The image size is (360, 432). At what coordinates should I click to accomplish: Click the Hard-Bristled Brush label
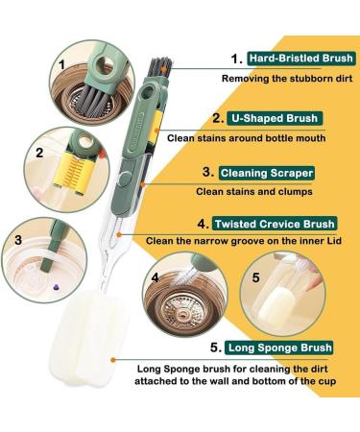pyautogui.click(x=300, y=59)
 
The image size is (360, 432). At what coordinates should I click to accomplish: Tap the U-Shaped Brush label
pyautogui.click(x=275, y=118)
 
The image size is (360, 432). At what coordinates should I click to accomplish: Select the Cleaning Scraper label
pyautogui.click(x=266, y=173)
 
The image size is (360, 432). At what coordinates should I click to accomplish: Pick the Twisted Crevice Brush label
pyautogui.click(x=275, y=224)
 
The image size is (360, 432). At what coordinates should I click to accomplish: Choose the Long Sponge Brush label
pyautogui.click(x=279, y=348)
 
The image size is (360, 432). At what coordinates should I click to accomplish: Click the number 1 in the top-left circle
pyautogui.click(x=61, y=65)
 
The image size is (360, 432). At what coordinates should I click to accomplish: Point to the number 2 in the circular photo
pyautogui.click(x=39, y=153)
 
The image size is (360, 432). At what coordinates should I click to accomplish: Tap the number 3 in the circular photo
pyautogui.click(x=18, y=240)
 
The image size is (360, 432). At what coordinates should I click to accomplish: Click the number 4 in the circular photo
pyautogui.click(x=156, y=277)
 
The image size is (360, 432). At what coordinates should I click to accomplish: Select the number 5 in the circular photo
pyautogui.click(x=255, y=277)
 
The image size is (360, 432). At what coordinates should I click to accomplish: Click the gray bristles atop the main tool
pyautogui.click(x=160, y=67)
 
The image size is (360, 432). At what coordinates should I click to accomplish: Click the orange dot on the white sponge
pyautogui.click(x=112, y=360)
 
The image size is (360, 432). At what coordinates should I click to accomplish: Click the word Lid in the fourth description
pyautogui.click(x=334, y=241)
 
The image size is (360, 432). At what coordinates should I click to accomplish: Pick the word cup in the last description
pyautogui.click(x=327, y=381)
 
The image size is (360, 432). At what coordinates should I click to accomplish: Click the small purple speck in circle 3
pyautogui.click(x=57, y=287)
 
